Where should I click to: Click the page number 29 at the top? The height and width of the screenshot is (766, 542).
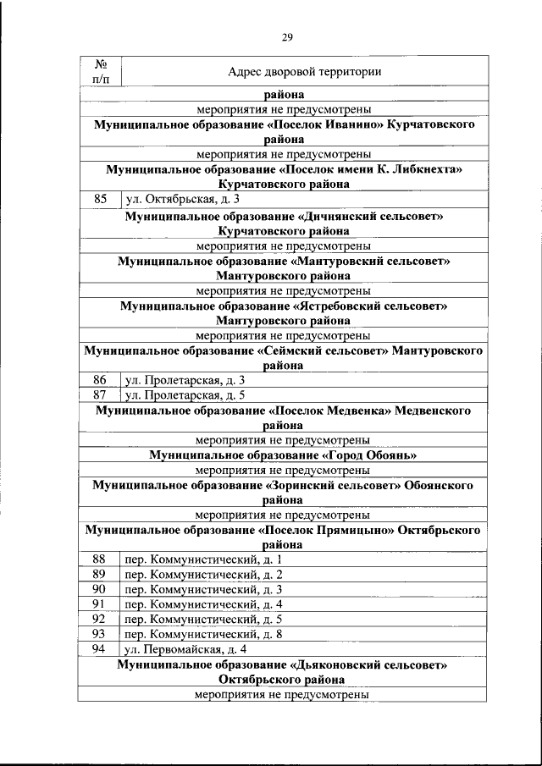click(x=287, y=36)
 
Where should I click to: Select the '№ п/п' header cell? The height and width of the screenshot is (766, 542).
click(x=100, y=72)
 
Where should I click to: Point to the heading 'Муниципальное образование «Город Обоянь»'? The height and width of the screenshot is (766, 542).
click(x=283, y=455)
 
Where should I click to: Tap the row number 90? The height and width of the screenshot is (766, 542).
click(x=99, y=590)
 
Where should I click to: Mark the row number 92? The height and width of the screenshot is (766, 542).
click(x=99, y=620)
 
